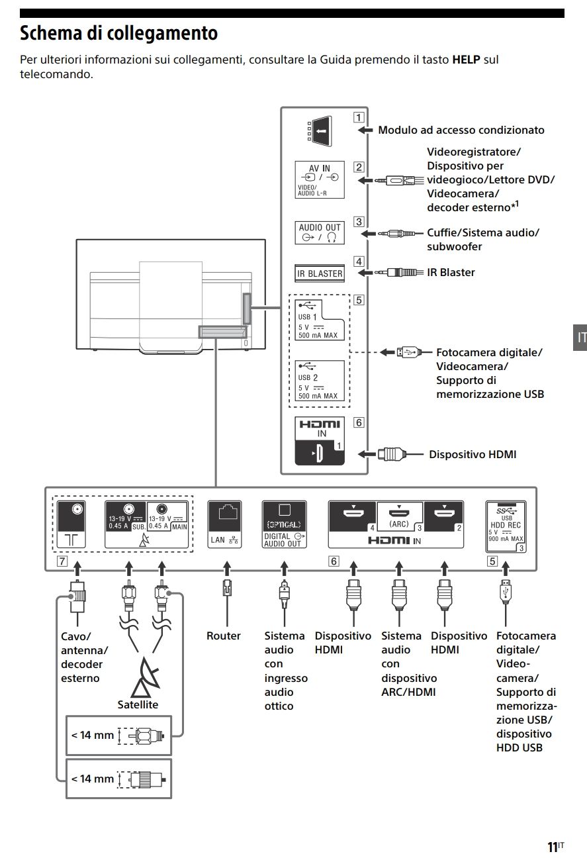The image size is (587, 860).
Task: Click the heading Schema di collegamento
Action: point(119,32)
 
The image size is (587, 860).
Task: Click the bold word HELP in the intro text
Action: point(466,60)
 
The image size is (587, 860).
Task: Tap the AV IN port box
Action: point(320,179)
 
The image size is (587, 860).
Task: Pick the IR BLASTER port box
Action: point(320,273)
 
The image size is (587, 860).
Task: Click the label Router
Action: point(224,636)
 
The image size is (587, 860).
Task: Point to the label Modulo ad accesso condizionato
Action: point(461,130)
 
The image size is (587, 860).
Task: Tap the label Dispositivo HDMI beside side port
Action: point(473,454)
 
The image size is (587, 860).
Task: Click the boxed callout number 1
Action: point(358,119)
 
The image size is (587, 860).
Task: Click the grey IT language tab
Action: point(580,337)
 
